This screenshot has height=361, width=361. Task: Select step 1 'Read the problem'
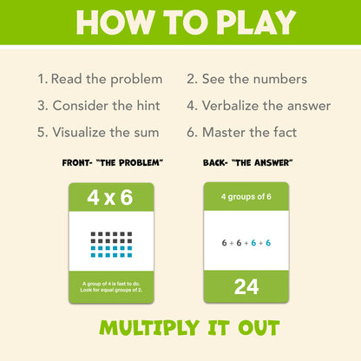[x=100, y=79]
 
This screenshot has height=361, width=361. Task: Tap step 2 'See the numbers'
[x=246, y=79]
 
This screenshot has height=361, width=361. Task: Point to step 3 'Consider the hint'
[x=99, y=106]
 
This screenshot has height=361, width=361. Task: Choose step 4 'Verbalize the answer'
[x=259, y=106]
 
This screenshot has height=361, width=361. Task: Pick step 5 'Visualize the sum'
[x=98, y=133]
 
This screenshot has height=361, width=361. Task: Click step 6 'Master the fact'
[x=242, y=133]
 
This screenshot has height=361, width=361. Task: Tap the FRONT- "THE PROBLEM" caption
[x=113, y=163]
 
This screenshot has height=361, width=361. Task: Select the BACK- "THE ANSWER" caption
[x=248, y=163]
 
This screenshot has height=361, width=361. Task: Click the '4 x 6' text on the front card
[x=110, y=198]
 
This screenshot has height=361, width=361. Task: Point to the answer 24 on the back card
[x=246, y=287]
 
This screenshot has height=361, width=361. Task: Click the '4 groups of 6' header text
[x=246, y=197]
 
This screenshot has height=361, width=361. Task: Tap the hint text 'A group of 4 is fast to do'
[x=111, y=284]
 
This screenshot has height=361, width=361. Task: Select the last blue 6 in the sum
[x=268, y=243]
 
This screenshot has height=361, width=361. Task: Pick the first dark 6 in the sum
[x=224, y=243]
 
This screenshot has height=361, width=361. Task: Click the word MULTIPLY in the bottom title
[x=149, y=328]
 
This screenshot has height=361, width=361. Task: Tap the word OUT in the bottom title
[x=259, y=328]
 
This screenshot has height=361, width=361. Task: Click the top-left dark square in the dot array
[x=93, y=234]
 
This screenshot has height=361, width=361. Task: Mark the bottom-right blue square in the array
[x=129, y=255]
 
